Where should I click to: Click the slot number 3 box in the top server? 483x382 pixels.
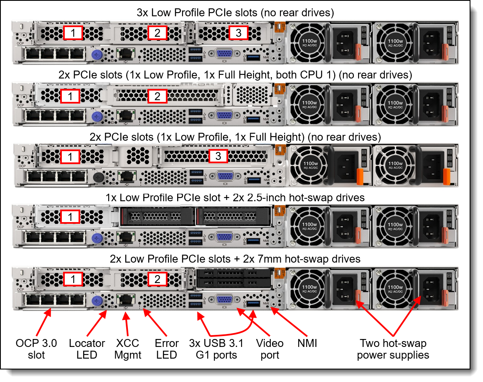click(x=238, y=33)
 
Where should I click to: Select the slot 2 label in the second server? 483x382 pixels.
click(x=158, y=96)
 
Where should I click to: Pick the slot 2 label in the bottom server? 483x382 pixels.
click(x=158, y=279)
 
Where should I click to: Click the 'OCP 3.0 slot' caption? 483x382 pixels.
click(x=36, y=349)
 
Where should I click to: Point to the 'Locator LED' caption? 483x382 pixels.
click(x=87, y=349)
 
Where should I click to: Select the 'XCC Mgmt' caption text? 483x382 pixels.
click(x=128, y=349)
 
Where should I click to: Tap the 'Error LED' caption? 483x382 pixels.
click(x=167, y=349)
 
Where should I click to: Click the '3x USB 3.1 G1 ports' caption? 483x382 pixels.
click(x=216, y=349)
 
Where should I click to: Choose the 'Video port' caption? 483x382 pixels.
click(x=269, y=349)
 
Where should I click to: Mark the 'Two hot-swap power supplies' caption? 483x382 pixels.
click(x=393, y=349)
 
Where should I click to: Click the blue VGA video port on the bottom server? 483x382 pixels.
click(x=224, y=301)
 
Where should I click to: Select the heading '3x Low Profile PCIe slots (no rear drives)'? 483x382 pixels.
click(x=235, y=13)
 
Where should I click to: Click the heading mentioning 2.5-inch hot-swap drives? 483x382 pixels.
click(x=235, y=197)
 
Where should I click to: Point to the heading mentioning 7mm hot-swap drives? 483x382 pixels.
click(x=235, y=259)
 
